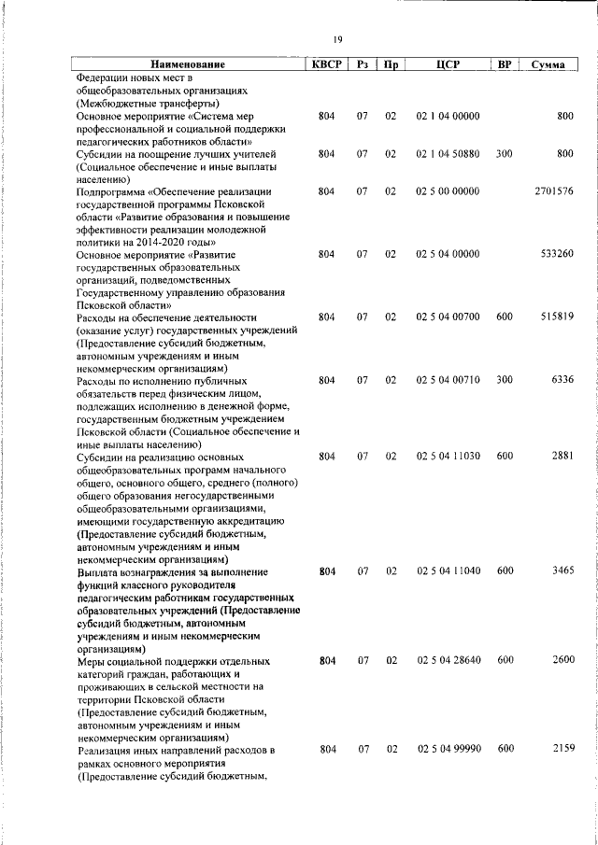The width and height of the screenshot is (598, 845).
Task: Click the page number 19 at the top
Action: pos(338,38)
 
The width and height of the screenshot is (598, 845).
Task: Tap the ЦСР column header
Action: pos(448,64)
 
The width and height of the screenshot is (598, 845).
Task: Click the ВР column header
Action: pos(505,64)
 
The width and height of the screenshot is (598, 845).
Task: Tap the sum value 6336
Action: pos(562,381)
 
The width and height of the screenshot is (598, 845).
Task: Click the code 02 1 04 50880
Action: pos(448,153)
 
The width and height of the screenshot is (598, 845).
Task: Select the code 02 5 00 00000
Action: pos(448,190)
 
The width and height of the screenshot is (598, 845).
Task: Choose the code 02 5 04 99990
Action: pos(448,750)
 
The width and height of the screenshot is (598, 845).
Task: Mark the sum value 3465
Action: pos(562,570)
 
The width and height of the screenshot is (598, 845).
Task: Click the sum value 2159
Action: pos(562,750)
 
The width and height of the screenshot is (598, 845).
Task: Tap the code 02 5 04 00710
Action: pos(448,381)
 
